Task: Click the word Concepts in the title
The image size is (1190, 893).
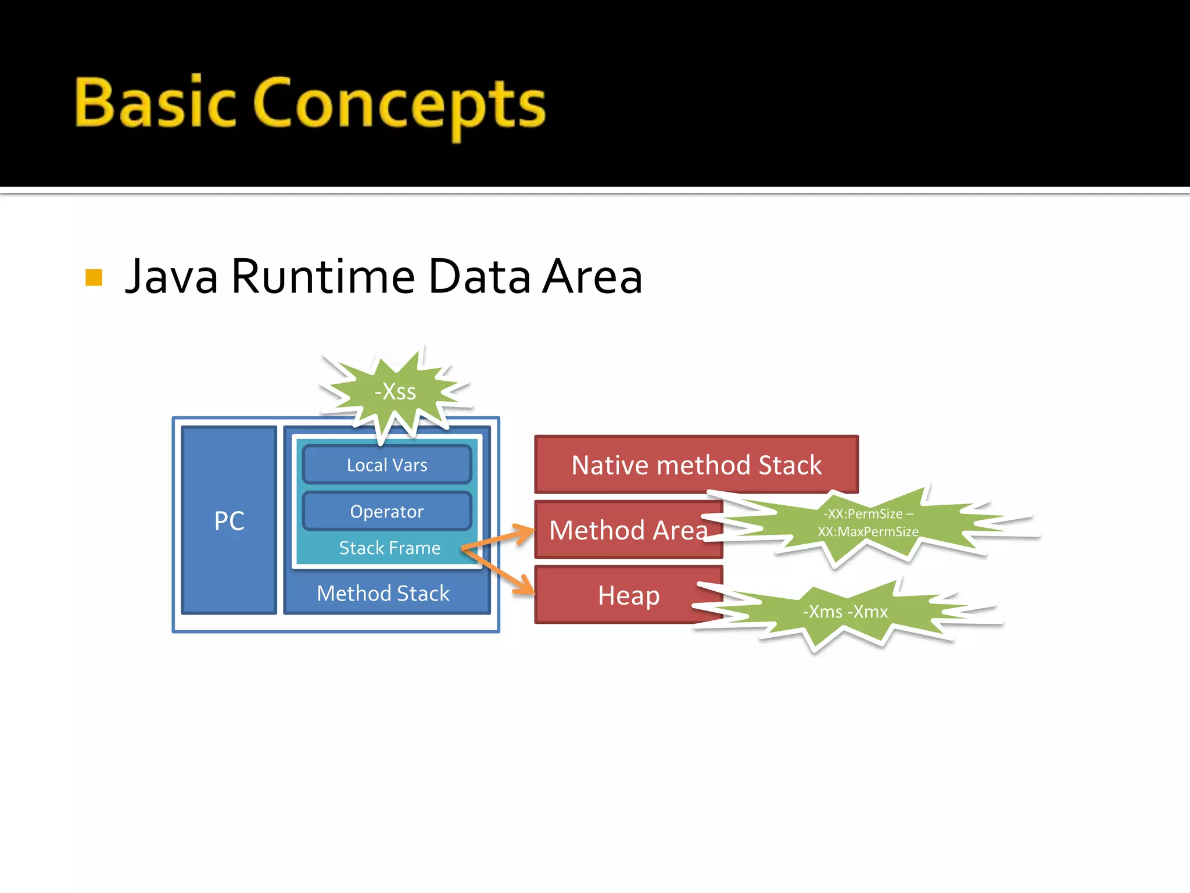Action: click(x=399, y=105)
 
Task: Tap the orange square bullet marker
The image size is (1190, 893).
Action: click(x=94, y=277)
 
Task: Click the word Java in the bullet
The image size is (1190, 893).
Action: click(x=172, y=277)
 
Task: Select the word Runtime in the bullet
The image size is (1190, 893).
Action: click(x=323, y=277)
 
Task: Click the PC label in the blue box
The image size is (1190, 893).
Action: click(x=229, y=521)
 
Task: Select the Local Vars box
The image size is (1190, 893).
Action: click(x=387, y=465)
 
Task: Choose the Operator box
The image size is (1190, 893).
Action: click(x=387, y=512)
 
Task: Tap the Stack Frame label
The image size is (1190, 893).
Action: click(x=389, y=548)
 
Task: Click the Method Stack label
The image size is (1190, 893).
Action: click(x=383, y=594)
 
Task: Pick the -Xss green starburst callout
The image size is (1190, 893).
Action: click(x=395, y=392)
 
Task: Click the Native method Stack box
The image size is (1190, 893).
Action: click(x=696, y=465)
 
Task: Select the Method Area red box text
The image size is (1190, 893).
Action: click(x=628, y=530)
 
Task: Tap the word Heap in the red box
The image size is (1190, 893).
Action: click(x=629, y=595)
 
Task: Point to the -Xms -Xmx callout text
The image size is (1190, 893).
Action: click(x=845, y=612)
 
